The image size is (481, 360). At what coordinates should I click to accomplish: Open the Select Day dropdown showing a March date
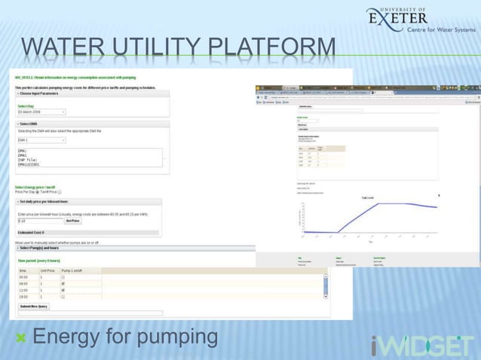click(42, 111)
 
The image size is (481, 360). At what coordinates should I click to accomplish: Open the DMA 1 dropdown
click(42, 140)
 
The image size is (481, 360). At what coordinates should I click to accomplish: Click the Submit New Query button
click(34, 307)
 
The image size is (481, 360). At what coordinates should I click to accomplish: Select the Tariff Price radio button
click(60, 192)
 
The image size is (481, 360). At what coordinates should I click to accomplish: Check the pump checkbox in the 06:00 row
click(63, 283)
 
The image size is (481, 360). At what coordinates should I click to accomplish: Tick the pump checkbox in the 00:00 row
click(63, 276)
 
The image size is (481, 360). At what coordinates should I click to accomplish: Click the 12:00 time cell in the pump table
click(24, 290)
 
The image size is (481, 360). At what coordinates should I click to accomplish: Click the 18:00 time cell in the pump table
click(24, 297)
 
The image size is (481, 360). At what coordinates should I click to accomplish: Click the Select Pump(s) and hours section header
click(46, 248)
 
